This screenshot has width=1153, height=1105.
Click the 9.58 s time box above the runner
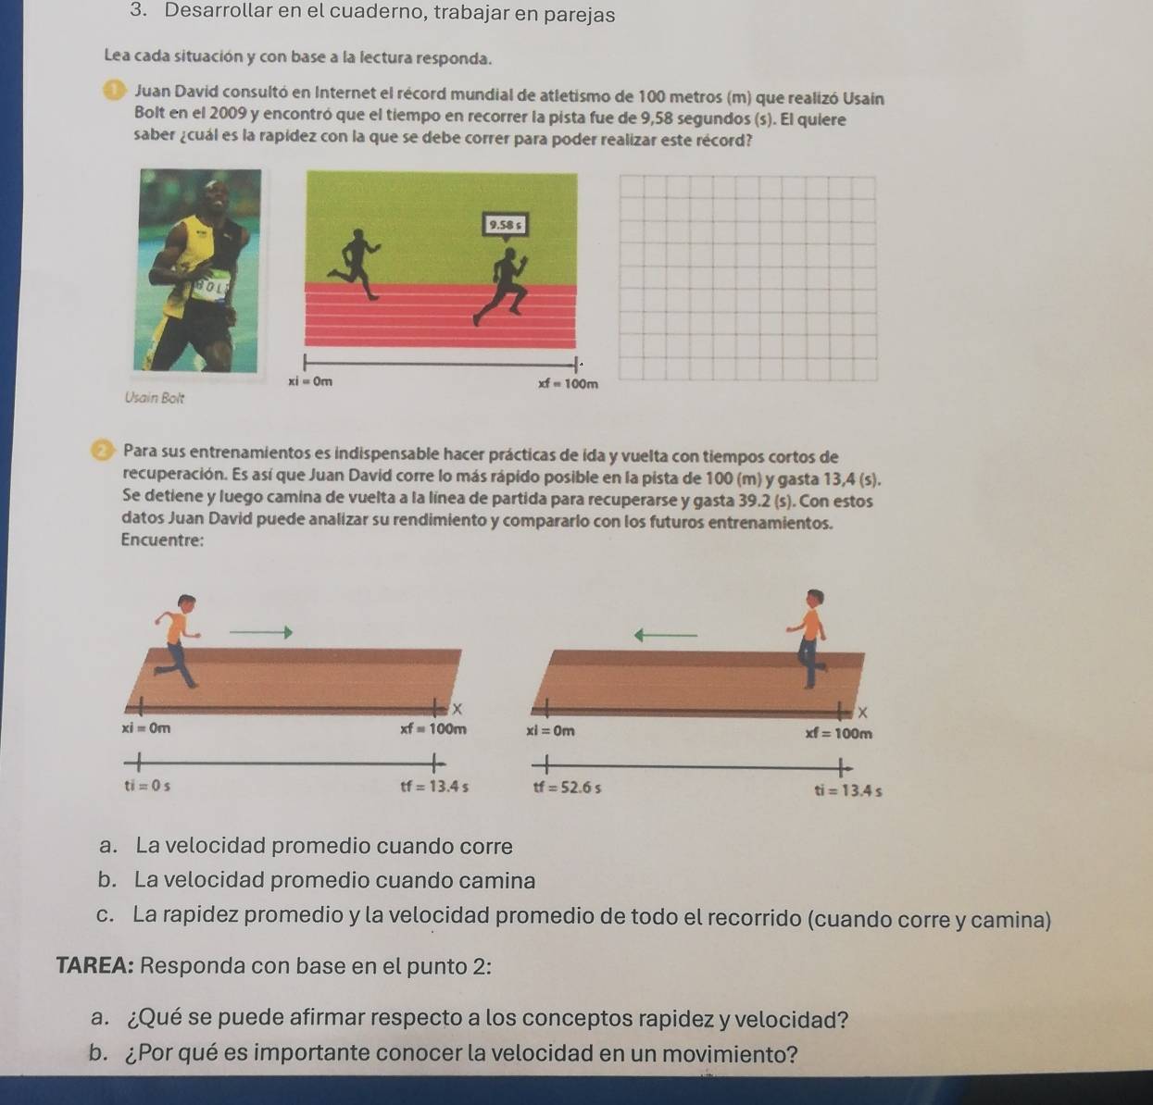click(506, 224)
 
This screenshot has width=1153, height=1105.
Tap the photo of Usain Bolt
click(199, 270)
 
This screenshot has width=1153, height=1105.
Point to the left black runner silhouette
click(357, 265)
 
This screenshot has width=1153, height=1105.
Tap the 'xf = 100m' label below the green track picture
click(568, 383)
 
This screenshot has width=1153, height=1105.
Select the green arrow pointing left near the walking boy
click(664, 635)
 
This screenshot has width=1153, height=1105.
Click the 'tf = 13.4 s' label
click(433, 788)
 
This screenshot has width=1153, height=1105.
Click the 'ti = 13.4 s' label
click(848, 791)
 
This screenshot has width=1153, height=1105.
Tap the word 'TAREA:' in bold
click(95, 966)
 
